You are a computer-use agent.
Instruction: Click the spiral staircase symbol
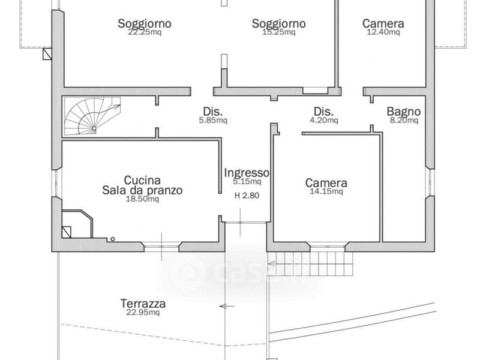pyautogui.click(x=92, y=116)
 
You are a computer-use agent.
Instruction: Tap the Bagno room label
pyautogui.click(x=403, y=112)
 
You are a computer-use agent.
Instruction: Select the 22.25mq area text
pyautogui.click(x=145, y=32)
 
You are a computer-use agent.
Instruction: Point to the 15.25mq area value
pyautogui.click(x=278, y=32)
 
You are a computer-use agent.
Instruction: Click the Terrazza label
pyautogui.click(x=143, y=304)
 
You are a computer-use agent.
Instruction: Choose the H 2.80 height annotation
pyautogui.click(x=247, y=196)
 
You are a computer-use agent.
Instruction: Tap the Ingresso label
pyautogui.click(x=247, y=173)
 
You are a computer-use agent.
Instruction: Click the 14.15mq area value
pyautogui.click(x=326, y=191)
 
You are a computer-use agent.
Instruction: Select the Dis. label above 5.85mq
pyautogui.click(x=213, y=112)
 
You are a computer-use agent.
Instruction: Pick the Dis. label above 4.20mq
pyautogui.click(x=323, y=112)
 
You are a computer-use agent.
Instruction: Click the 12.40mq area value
pyautogui.click(x=383, y=32)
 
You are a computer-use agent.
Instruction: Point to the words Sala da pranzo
pyautogui.click(x=142, y=190)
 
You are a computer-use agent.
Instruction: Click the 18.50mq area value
pyautogui.click(x=142, y=199)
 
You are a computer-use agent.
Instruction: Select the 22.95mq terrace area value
pyautogui.click(x=143, y=312)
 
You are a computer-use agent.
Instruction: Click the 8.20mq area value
pyautogui.click(x=404, y=120)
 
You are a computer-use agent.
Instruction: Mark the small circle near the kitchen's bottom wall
pyautogui.click(x=113, y=239)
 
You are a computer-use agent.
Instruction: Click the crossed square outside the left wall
pyautogui.click(x=47, y=54)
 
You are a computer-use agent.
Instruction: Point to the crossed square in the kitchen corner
pyautogui.click(x=67, y=232)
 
